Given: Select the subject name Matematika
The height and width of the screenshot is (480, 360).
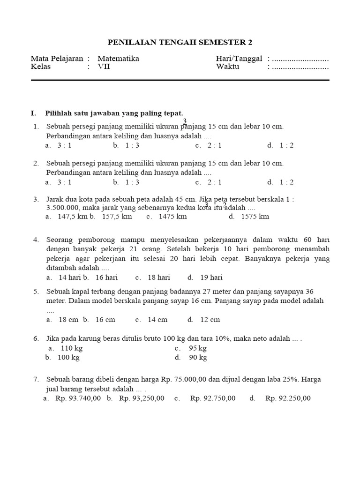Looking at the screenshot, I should tap(118, 59).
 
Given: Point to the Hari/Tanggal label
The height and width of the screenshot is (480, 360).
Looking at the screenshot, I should tap(239, 59).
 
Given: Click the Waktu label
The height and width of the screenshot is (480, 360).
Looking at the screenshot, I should tap(228, 67).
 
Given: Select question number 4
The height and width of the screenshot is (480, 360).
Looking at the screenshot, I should tap(36, 240).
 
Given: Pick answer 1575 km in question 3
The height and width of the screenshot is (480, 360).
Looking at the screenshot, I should tap(255, 217).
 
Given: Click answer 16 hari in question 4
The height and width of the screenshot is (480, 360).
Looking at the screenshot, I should tap(106, 277).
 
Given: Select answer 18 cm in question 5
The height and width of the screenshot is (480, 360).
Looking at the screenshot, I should tap(68, 320).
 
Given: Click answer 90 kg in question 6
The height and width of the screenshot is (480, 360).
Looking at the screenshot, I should tap(198, 358).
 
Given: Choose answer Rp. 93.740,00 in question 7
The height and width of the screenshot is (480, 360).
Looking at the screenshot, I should tap(78, 398).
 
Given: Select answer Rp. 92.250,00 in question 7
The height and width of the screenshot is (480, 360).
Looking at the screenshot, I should tap(288, 398).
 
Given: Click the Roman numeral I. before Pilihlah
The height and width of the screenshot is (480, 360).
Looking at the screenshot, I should tap(33, 113).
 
